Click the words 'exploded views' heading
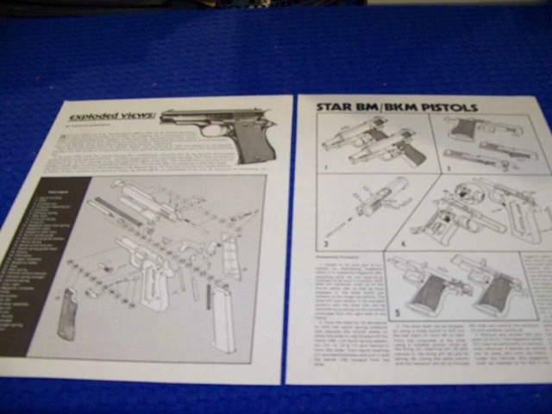coord(113,116)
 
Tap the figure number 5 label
coord(397,312)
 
